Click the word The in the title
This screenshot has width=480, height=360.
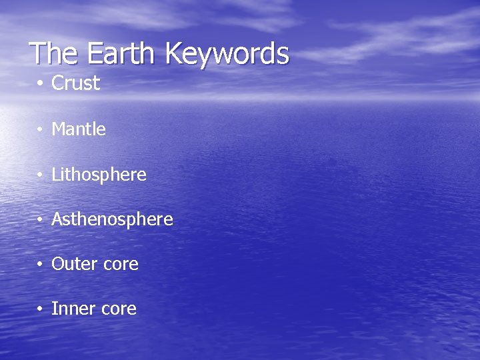point(55,53)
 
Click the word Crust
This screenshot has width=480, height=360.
point(75,84)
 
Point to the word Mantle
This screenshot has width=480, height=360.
point(79,129)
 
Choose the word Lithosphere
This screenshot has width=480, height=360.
point(99,175)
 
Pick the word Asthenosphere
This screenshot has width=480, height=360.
point(112,219)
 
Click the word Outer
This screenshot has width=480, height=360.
point(73,264)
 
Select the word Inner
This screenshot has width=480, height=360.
point(71,309)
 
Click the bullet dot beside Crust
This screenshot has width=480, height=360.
point(41,85)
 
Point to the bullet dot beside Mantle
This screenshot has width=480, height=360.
point(41,130)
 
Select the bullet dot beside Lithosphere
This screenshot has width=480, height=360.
point(41,175)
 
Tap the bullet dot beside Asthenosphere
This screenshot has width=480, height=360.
point(41,220)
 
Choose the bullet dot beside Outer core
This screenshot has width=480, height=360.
point(41,265)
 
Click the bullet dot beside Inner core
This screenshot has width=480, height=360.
point(41,309)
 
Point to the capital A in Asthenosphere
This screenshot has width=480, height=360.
point(57,219)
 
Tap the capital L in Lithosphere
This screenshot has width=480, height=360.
point(55,175)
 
